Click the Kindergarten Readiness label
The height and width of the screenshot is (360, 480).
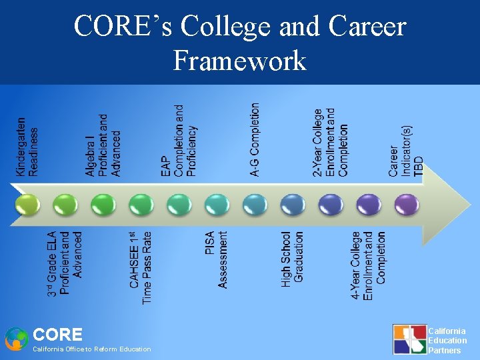pos(27,147)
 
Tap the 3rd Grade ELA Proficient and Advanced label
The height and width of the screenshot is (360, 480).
pos(65,263)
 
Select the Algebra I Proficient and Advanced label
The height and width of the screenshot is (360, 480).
pos(103,145)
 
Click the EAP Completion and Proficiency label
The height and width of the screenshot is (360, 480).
pos(179,141)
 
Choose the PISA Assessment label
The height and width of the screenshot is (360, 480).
pos(217,259)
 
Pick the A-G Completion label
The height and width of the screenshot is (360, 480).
pos(255,139)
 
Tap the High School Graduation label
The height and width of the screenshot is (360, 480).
pos(293,259)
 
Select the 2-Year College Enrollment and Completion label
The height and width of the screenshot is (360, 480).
pos(331,142)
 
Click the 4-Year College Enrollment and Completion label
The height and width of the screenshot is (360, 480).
pos(369,265)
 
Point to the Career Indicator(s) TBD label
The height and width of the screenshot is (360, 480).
pos(406,151)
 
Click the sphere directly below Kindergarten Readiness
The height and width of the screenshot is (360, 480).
pos(27,204)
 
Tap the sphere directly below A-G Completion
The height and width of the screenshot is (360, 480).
pos(255,204)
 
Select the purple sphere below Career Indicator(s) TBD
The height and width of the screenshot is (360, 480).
pos(406,204)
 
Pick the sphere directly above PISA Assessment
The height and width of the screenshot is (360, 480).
pos(217,204)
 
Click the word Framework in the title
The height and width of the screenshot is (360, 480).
pos(239,61)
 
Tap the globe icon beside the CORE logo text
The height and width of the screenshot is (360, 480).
pos(16,339)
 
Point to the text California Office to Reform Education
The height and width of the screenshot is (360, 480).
pos(92,349)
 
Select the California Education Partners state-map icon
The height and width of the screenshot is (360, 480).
pos(409,339)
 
